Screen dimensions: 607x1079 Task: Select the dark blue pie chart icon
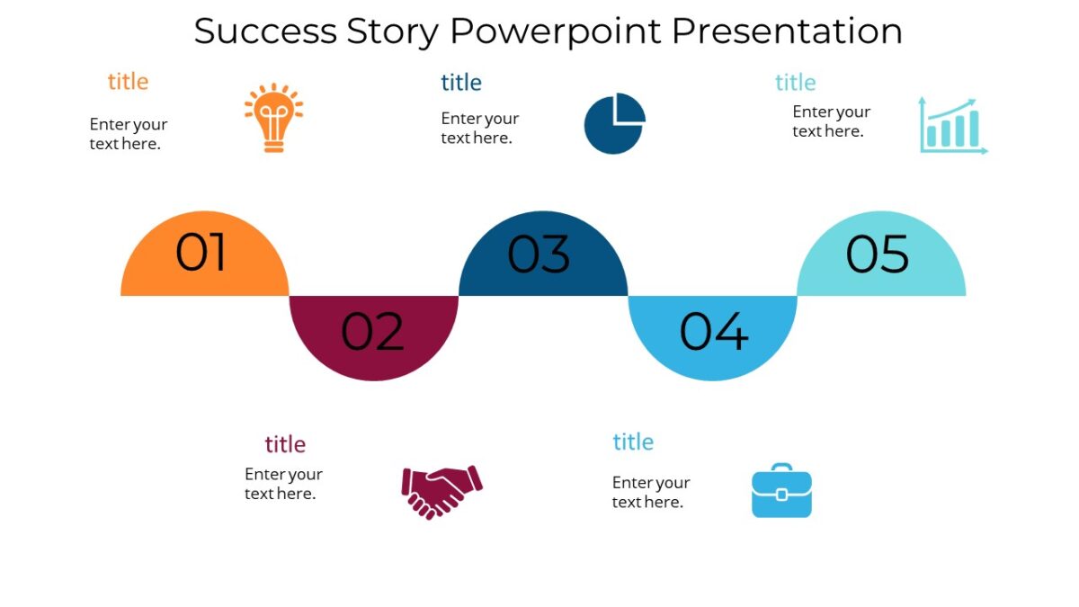tap(614, 123)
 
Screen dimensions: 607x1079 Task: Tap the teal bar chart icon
tap(952, 126)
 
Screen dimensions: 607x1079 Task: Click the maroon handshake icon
tap(441, 491)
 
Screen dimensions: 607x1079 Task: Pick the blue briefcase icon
tap(781, 491)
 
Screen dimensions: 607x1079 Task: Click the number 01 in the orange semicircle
tap(201, 254)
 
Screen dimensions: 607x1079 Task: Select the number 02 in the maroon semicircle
tap(372, 332)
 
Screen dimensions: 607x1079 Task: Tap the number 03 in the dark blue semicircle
tap(539, 254)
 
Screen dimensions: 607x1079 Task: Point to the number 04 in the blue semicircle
tap(713, 332)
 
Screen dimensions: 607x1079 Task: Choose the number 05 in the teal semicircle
tap(878, 254)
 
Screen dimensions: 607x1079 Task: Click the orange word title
tap(128, 82)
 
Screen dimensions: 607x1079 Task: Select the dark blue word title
tap(461, 83)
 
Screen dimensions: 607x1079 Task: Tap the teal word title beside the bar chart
tap(795, 83)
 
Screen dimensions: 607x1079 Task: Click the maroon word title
tap(285, 444)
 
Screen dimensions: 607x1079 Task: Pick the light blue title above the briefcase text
tap(633, 442)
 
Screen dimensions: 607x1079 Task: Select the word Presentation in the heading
tap(787, 31)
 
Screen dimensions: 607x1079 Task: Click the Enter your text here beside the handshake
tap(283, 484)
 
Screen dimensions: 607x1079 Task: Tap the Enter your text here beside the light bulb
tap(129, 134)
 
